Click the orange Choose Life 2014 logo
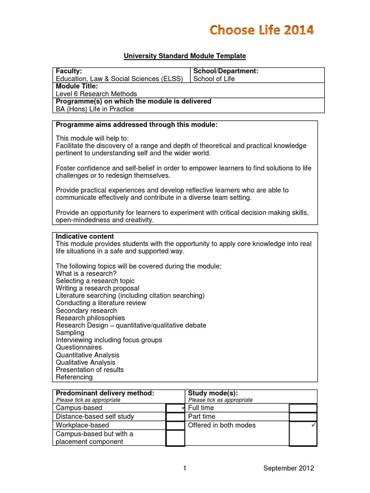(x=261, y=30)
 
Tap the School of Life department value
(x=214, y=79)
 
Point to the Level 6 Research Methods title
(x=96, y=94)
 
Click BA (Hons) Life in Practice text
(x=95, y=109)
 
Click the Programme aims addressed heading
(x=137, y=125)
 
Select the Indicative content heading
(x=85, y=236)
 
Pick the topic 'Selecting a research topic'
(x=95, y=281)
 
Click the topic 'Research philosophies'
(x=90, y=318)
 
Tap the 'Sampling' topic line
(x=70, y=333)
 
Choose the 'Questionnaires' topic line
(x=79, y=347)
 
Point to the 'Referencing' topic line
(x=74, y=377)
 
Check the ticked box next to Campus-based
(x=175, y=408)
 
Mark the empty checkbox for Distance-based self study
(x=175, y=416)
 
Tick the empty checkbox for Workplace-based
(x=175, y=425)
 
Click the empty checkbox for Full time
(x=303, y=408)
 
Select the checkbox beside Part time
(x=303, y=416)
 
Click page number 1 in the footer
(x=185, y=468)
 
